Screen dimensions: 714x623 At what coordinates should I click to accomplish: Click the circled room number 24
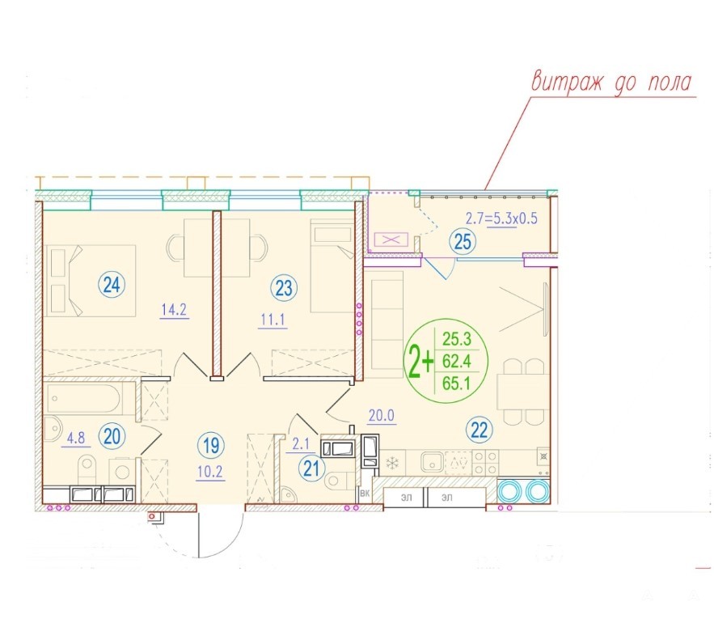[x=112, y=285]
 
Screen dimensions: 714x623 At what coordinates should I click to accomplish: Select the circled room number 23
[x=284, y=288]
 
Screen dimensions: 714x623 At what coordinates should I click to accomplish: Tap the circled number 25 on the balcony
[x=463, y=242]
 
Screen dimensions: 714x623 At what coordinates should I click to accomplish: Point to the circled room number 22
[x=480, y=430]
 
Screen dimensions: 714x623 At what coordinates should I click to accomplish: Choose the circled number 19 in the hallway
[x=211, y=445]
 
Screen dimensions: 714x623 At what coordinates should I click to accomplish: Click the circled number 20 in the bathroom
[x=112, y=436]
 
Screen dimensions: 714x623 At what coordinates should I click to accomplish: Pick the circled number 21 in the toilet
[x=312, y=468]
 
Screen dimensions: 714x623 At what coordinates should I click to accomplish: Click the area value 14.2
[x=174, y=310]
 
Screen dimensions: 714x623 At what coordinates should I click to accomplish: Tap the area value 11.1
[x=273, y=320]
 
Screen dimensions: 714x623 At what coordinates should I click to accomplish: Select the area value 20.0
[x=382, y=415]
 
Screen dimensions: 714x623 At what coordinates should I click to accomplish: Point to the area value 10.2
[x=210, y=472]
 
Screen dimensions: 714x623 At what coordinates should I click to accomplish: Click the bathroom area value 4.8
[x=75, y=438]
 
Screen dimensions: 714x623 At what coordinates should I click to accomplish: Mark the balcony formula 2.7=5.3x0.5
[x=501, y=218]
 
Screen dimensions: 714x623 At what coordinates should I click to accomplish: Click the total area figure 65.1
[x=456, y=384]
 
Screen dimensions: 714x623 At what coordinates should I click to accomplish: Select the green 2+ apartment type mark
[x=420, y=362]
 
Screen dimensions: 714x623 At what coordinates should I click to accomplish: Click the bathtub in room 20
[x=83, y=399]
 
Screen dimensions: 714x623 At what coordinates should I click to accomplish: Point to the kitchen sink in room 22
[x=432, y=462]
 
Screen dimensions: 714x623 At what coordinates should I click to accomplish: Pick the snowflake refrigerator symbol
[x=392, y=464]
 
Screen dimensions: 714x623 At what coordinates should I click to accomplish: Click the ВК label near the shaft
[x=365, y=494]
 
